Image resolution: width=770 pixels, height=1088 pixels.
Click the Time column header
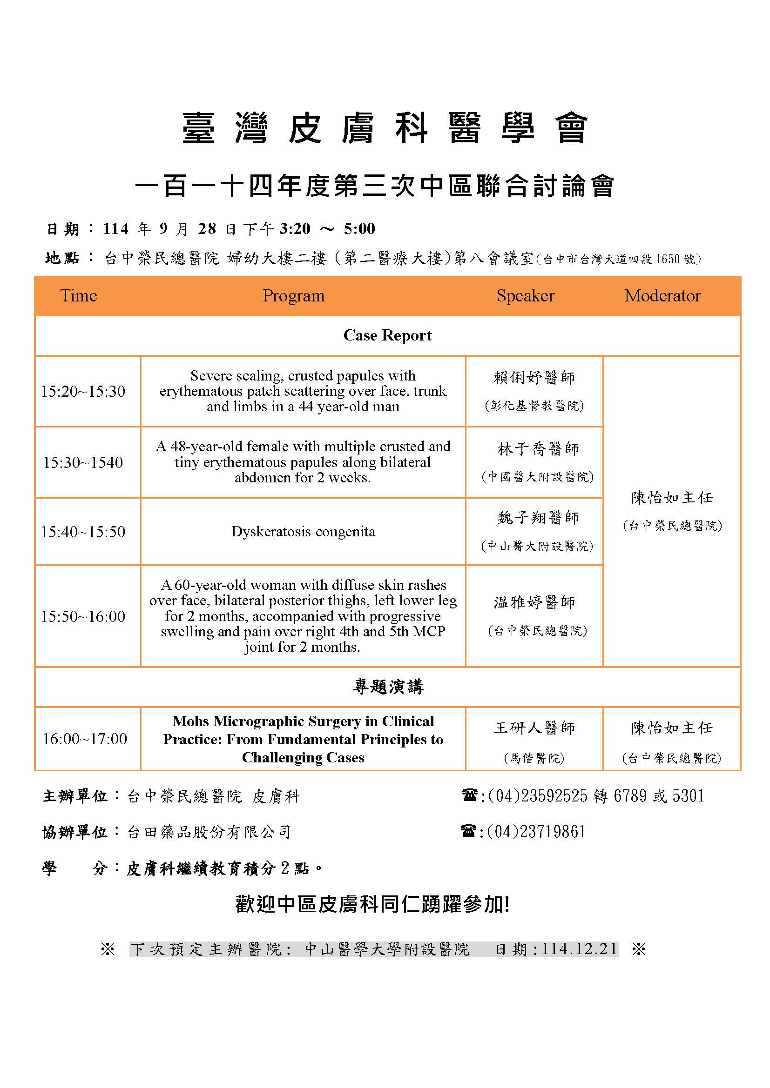click(78, 296)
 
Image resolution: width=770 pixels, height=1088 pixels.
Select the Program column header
click(293, 296)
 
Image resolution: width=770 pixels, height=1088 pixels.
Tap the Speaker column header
click(525, 296)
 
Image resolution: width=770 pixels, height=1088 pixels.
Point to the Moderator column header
click(662, 296)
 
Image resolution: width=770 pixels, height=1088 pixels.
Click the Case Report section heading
click(387, 335)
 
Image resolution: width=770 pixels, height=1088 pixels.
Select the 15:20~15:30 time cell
click(83, 391)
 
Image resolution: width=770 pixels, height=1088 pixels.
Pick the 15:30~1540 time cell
click(83, 462)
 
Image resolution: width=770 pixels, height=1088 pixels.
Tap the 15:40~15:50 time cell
click(83, 532)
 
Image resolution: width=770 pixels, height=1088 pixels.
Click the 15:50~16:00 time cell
click(83, 616)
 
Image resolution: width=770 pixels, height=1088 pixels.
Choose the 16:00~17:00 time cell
click(85, 739)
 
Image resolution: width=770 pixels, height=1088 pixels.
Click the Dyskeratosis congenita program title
click(303, 532)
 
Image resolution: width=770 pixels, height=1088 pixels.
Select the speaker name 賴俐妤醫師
click(534, 378)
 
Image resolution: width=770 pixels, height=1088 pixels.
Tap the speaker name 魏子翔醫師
click(538, 517)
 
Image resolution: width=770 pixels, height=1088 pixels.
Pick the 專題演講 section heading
click(387, 687)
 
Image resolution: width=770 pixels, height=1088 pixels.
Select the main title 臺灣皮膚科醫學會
click(385, 128)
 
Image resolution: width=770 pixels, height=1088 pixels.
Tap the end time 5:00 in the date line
click(359, 229)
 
